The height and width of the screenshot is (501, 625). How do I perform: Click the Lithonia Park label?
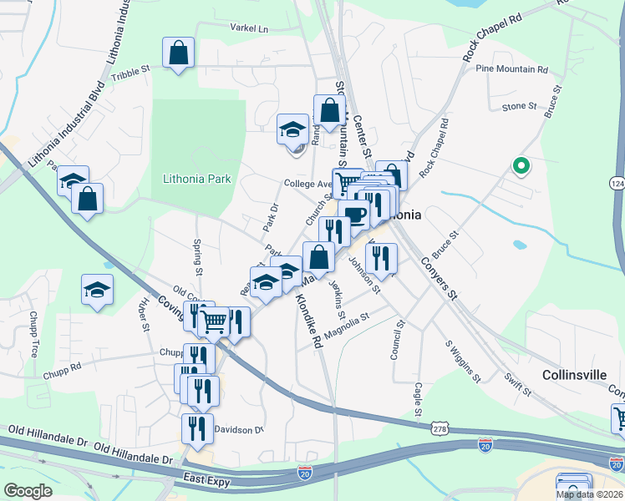pyautogui.click(x=197, y=179)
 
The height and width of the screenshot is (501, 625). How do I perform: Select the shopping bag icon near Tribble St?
pyautogui.click(x=179, y=53)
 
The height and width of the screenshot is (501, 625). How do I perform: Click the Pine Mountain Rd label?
pyautogui.click(x=511, y=69)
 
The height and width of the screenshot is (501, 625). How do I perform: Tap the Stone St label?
pyautogui.click(x=519, y=106)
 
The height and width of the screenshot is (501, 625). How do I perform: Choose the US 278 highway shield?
pyautogui.click(x=440, y=428)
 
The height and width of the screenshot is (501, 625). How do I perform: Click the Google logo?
pyautogui.click(x=28, y=491)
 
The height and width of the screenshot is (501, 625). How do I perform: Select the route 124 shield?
pyautogui.click(x=617, y=182)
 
